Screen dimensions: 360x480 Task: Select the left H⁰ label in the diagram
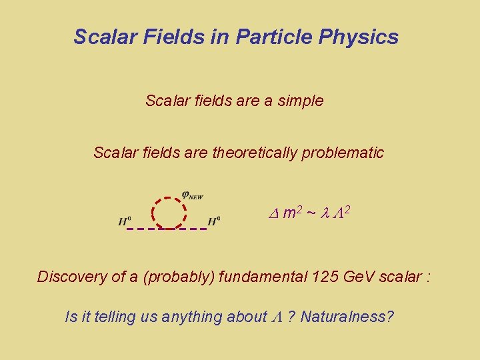click(125, 221)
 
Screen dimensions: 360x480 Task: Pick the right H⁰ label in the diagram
click(214, 221)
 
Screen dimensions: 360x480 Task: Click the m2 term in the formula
click(293, 213)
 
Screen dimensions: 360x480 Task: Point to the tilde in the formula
click(311, 213)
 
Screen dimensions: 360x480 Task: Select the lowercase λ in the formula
click(325, 213)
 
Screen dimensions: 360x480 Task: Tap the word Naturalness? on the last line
click(347, 317)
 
